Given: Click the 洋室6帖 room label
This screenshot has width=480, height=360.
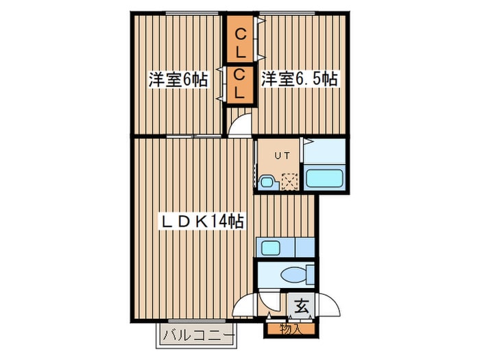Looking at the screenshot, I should click(178, 80).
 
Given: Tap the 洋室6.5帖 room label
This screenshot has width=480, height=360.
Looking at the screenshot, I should click(299, 80).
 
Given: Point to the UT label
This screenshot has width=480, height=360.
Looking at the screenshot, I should click(282, 156).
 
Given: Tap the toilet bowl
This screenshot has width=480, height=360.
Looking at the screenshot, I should click(296, 275).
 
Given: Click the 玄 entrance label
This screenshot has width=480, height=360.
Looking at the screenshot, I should click(301, 306).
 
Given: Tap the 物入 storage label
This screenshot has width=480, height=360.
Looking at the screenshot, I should click(291, 328).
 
